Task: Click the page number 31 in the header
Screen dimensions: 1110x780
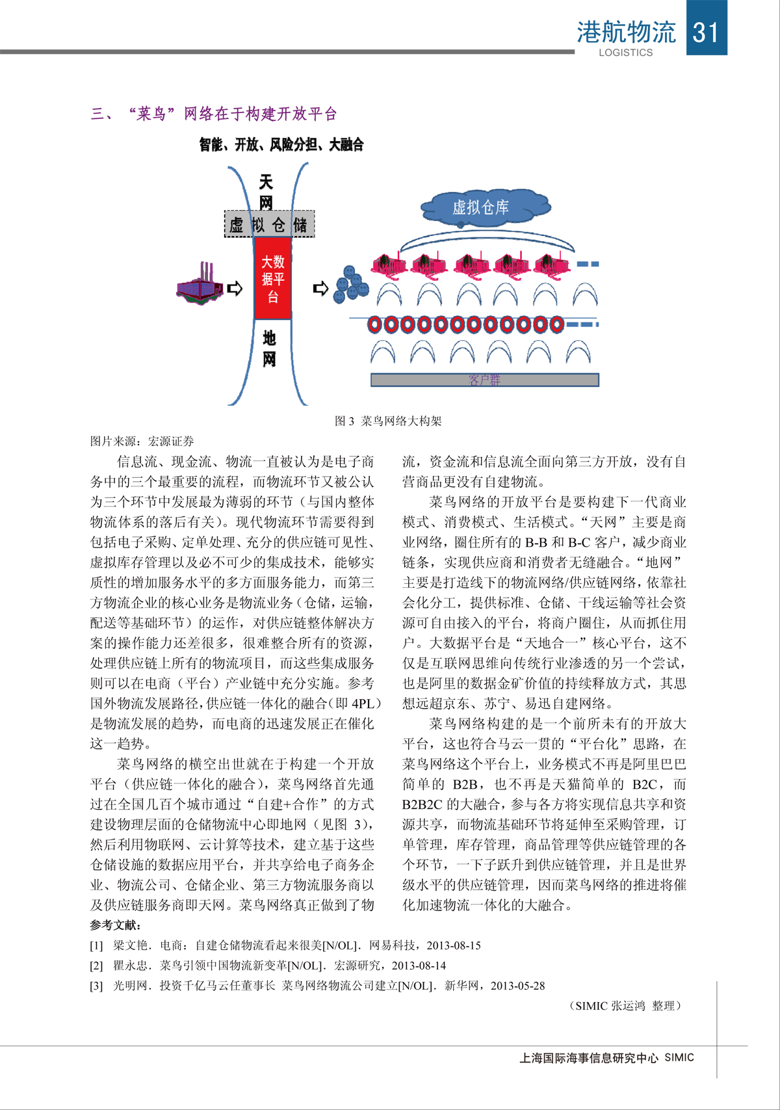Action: point(706,31)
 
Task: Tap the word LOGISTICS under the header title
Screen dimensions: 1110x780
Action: point(625,53)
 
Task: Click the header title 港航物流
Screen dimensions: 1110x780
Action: point(626,31)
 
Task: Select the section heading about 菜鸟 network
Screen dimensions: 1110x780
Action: point(214,114)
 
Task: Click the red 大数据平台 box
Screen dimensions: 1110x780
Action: point(272,278)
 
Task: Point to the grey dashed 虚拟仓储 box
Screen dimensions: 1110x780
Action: point(269,224)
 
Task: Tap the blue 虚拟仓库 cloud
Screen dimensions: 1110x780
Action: point(482,207)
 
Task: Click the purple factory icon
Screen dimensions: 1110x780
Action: point(199,286)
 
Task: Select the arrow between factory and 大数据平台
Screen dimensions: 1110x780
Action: point(235,288)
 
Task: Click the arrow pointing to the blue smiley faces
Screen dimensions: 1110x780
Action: point(320,288)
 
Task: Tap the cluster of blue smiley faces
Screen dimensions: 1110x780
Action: point(350,284)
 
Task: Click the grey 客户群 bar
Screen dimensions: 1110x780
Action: point(484,380)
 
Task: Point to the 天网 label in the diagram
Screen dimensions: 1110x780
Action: point(266,191)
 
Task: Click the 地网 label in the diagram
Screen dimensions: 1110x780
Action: point(269,348)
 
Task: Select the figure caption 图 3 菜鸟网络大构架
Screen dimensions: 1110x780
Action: point(388,421)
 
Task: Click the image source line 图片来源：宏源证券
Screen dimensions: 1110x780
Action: point(142,441)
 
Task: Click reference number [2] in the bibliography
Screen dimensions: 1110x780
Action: point(96,966)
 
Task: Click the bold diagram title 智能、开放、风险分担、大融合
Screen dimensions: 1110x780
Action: point(281,144)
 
